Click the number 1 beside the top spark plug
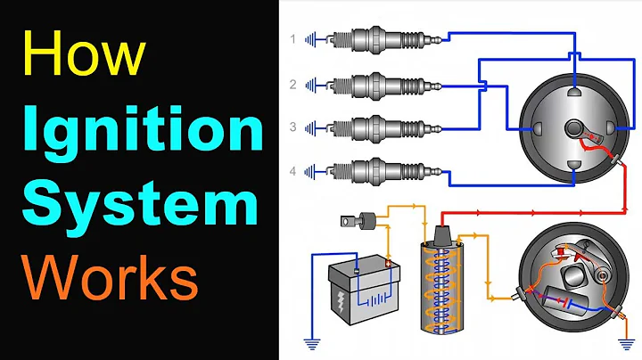(x=292, y=39)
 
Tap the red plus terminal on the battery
(x=386, y=261)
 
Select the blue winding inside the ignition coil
(x=444, y=285)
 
